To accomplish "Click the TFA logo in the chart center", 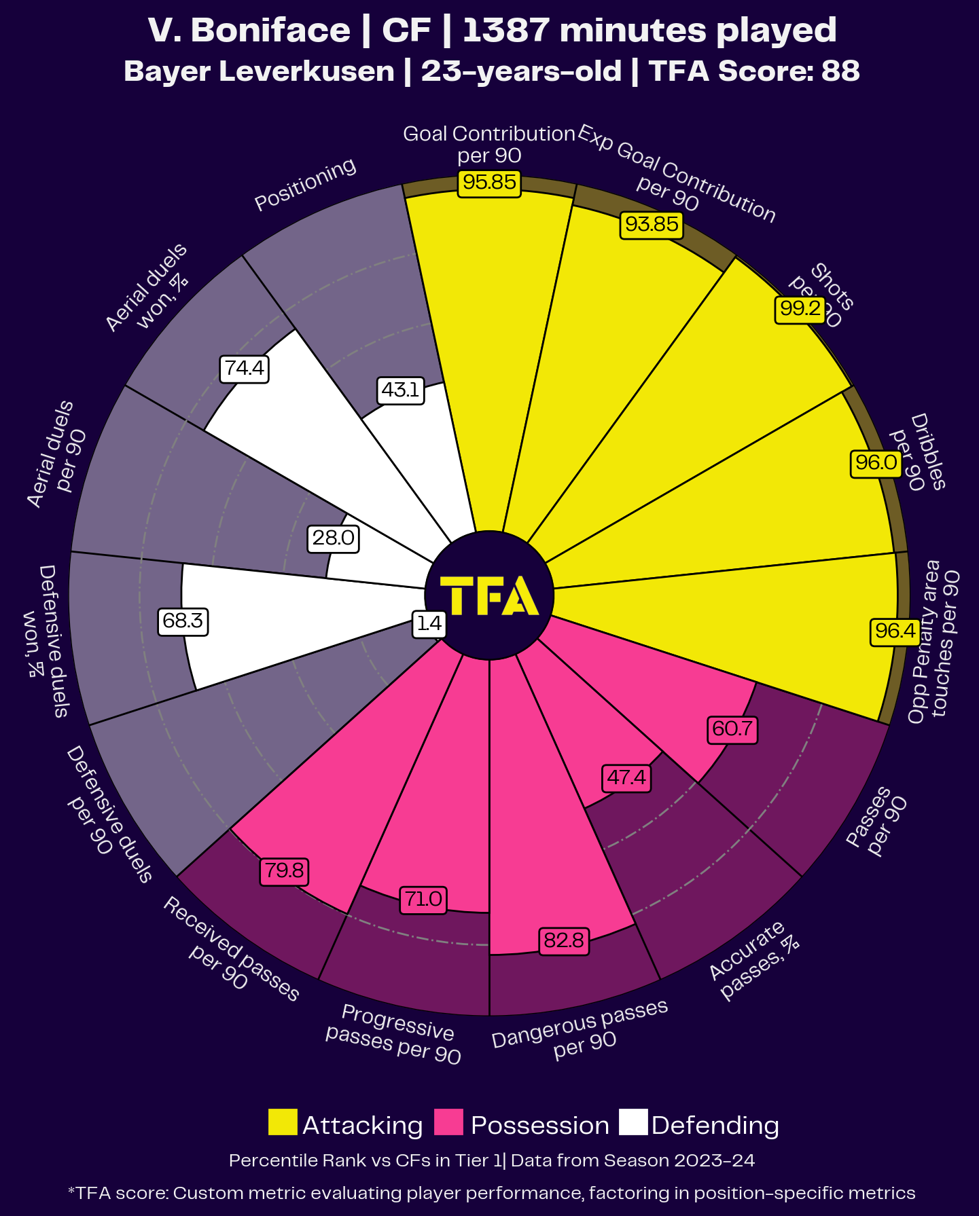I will (x=489, y=595).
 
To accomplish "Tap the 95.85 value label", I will (x=489, y=183).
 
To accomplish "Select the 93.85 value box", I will (x=652, y=225).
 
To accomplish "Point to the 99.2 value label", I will (x=800, y=310).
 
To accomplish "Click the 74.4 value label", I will (x=244, y=369).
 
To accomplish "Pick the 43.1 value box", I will (x=400, y=390).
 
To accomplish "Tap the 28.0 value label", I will (x=333, y=538).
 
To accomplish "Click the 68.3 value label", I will (x=183, y=621).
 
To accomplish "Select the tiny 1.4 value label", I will (x=429, y=623).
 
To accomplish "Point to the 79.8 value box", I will (x=284, y=871).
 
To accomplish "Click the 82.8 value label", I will (x=564, y=941).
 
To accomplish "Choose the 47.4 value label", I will (x=626, y=777).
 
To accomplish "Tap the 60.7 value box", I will (x=732, y=729).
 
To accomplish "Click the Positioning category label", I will (x=305, y=184).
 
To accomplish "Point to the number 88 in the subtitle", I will (x=840, y=71).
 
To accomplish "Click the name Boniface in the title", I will (x=271, y=31).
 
